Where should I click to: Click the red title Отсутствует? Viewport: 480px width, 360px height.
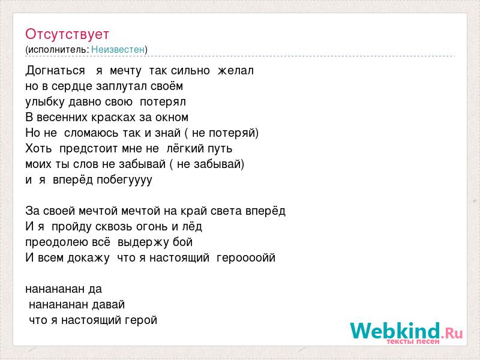(67, 34)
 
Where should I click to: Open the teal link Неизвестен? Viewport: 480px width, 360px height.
(118, 49)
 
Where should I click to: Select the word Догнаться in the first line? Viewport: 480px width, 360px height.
(55, 71)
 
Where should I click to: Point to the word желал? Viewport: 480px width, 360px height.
(236, 71)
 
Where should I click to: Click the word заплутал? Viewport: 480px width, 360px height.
(122, 86)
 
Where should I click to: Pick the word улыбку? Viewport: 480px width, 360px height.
(46, 102)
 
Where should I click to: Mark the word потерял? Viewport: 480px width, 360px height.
(163, 102)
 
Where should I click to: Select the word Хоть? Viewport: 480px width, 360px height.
(38, 148)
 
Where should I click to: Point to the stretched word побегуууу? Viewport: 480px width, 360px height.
(124, 180)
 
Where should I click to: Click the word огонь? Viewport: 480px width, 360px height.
(152, 227)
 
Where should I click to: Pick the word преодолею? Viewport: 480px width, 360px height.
(56, 242)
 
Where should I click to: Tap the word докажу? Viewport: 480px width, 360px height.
(88, 259)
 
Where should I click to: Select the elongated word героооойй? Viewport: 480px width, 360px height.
(246, 258)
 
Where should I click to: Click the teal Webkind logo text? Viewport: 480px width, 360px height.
(395, 331)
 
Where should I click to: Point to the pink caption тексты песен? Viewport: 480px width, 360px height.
(413, 341)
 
